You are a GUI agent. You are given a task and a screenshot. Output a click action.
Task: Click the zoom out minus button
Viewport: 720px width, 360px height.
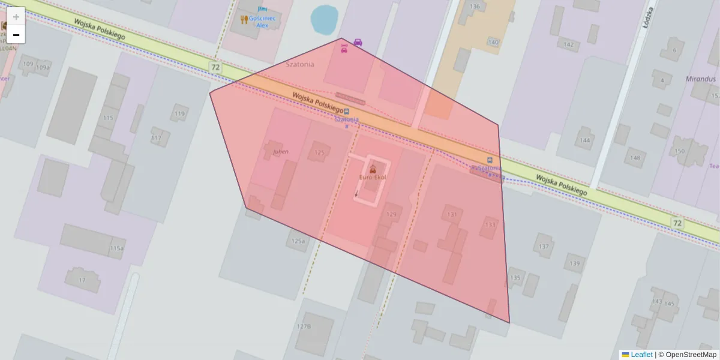[x=16, y=35]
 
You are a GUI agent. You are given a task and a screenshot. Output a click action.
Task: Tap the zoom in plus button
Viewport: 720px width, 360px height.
[x=16, y=16]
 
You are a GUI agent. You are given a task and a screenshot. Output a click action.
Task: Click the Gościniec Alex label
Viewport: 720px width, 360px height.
[x=262, y=22]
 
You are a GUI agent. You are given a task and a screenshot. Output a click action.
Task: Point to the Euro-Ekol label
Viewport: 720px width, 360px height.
[x=373, y=178]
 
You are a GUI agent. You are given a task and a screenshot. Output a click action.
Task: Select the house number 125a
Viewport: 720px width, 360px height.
[x=298, y=241]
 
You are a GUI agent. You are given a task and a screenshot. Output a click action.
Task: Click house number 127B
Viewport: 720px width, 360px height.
[x=304, y=326]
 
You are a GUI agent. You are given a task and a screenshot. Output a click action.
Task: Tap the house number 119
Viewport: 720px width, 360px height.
[x=179, y=113]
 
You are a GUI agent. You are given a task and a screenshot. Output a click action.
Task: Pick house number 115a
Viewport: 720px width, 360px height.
[x=116, y=248]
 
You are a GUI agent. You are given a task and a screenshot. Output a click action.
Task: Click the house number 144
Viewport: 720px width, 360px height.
[x=585, y=140]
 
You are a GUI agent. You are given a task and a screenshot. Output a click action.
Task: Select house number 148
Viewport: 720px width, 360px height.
[x=635, y=158]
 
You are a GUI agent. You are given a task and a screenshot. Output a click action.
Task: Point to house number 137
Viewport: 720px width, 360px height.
[x=544, y=247]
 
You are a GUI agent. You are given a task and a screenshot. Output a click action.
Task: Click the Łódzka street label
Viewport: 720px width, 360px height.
[x=647, y=15]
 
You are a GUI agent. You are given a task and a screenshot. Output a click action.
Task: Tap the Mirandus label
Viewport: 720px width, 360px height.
[x=700, y=79]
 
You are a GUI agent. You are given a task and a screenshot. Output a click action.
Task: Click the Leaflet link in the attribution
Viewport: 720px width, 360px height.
[x=641, y=355]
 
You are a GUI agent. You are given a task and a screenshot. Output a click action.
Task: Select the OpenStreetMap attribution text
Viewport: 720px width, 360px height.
[x=688, y=355]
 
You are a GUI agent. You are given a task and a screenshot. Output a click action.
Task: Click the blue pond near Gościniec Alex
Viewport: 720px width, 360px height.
[x=324, y=20]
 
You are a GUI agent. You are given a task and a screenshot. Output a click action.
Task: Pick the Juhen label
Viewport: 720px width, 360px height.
[x=280, y=152]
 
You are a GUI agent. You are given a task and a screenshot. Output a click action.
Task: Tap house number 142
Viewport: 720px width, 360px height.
[x=568, y=45]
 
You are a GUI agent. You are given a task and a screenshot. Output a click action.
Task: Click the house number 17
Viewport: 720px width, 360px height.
[x=82, y=280]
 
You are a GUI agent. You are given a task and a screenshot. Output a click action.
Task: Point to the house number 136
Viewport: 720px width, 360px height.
[x=475, y=7]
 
